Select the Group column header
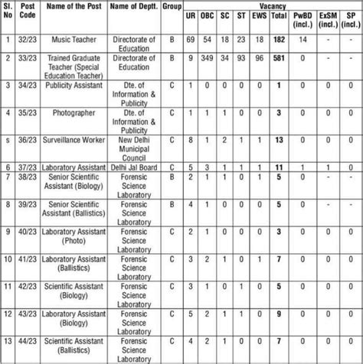pos(172,10)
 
